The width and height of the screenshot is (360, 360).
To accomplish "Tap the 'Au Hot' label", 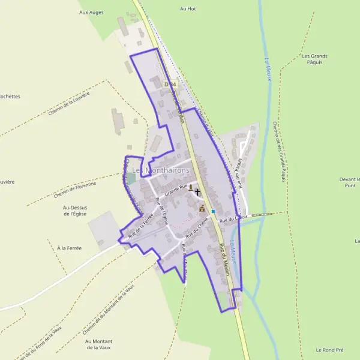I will (188, 9).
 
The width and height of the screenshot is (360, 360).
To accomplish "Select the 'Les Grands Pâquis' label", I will (311, 59).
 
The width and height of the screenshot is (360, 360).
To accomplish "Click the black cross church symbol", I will (198, 191).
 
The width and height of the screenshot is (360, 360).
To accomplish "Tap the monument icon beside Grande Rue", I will (191, 188).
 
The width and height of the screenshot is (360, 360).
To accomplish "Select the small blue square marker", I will (213, 211).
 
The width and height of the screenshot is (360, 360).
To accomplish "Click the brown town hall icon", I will (202, 209).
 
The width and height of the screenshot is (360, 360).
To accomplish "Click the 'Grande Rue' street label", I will (177, 191).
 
